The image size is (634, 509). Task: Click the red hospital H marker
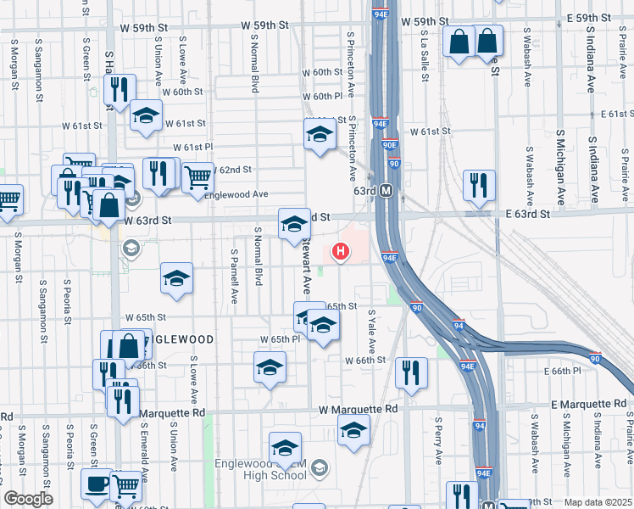tap(341, 251)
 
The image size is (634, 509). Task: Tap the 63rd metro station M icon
tap(386, 191)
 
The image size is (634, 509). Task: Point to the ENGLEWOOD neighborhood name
tap(178, 339)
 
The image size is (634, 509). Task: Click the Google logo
tap(28, 499)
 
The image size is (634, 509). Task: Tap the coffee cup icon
tap(97, 484)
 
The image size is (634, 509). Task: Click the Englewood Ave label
tap(236, 194)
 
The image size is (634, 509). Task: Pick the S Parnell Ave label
tap(235, 277)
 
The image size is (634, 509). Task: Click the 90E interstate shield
tap(389, 145)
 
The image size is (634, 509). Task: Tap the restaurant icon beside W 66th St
tap(411, 372)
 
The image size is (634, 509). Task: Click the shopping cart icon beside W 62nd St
tap(197, 177)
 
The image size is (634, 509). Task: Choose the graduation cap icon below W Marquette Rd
tap(353, 429)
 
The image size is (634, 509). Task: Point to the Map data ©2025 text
tap(598, 502)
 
